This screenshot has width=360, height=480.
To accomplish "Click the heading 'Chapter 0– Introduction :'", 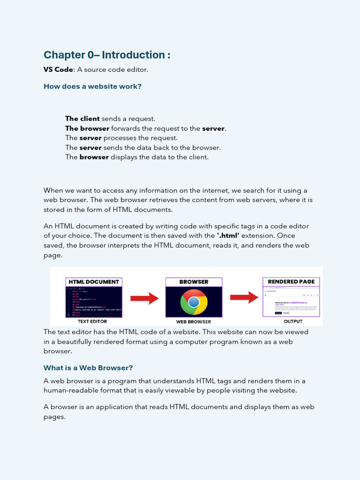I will tap(107, 55).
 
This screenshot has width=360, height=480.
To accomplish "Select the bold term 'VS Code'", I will tap(58, 69).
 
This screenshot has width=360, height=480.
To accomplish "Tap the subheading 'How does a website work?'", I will tap(92, 86).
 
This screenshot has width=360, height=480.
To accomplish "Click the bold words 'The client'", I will tap(82, 119).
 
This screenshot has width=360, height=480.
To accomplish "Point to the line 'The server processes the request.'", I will tap(121, 138).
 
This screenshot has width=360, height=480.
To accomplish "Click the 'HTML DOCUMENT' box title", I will tap(94, 282).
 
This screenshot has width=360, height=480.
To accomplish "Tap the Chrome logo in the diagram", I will tap(194, 302).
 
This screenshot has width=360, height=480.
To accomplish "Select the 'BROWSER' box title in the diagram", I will tap(194, 282).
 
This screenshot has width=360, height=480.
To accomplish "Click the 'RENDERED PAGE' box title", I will tap(291, 282).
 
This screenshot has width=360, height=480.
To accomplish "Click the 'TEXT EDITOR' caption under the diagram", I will tap(92, 322).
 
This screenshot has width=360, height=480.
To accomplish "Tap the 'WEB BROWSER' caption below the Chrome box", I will tap(194, 322).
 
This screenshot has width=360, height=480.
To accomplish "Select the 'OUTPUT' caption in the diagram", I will tap(293, 322).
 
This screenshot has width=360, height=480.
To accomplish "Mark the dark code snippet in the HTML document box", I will tap(94, 302).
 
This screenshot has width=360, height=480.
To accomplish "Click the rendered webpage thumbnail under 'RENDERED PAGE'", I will tap(291, 302).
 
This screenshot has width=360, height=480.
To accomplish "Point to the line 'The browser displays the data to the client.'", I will tap(137, 157).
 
